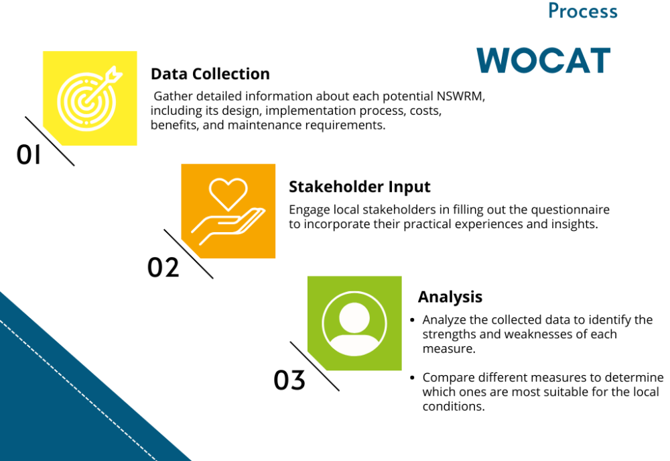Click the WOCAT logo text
[543, 60]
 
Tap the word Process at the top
[583, 11]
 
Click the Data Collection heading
[210, 74]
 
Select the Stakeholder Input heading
[359, 187]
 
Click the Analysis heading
[450, 297]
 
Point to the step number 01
[29, 154]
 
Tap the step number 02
[163, 268]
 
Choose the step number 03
[289, 380]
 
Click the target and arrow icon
[89, 99]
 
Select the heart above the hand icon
[228, 194]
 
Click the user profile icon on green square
[354, 323]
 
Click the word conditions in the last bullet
[454, 406]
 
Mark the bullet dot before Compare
[412, 378]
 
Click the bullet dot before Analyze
[412, 319]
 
